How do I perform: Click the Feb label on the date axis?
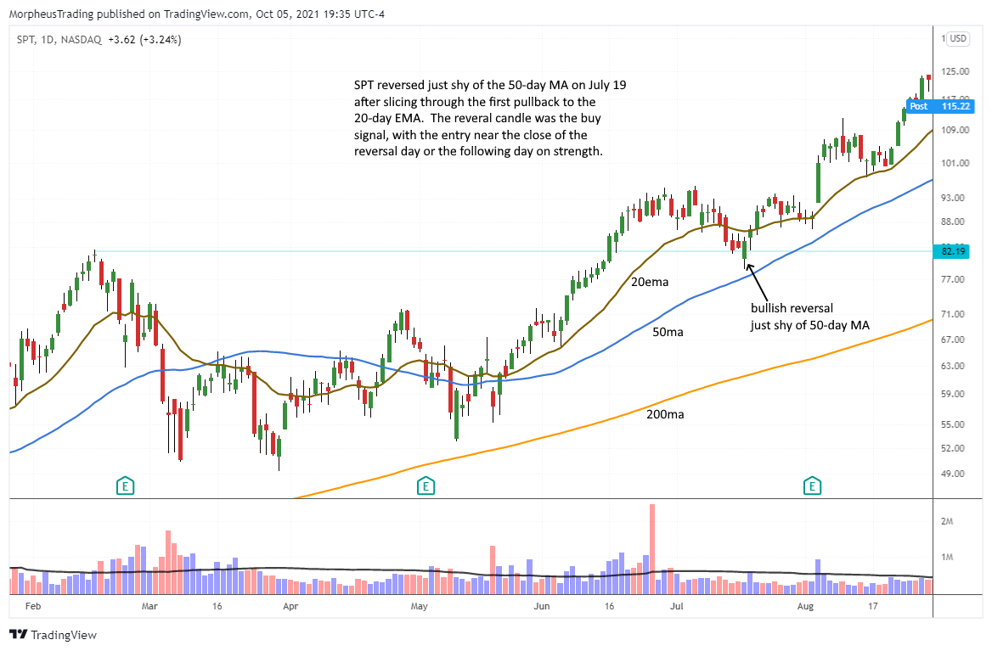pyautogui.click(x=33, y=607)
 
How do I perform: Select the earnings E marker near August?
pyautogui.click(x=813, y=486)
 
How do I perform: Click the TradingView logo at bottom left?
pyautogui.click(x=53, y=635)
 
